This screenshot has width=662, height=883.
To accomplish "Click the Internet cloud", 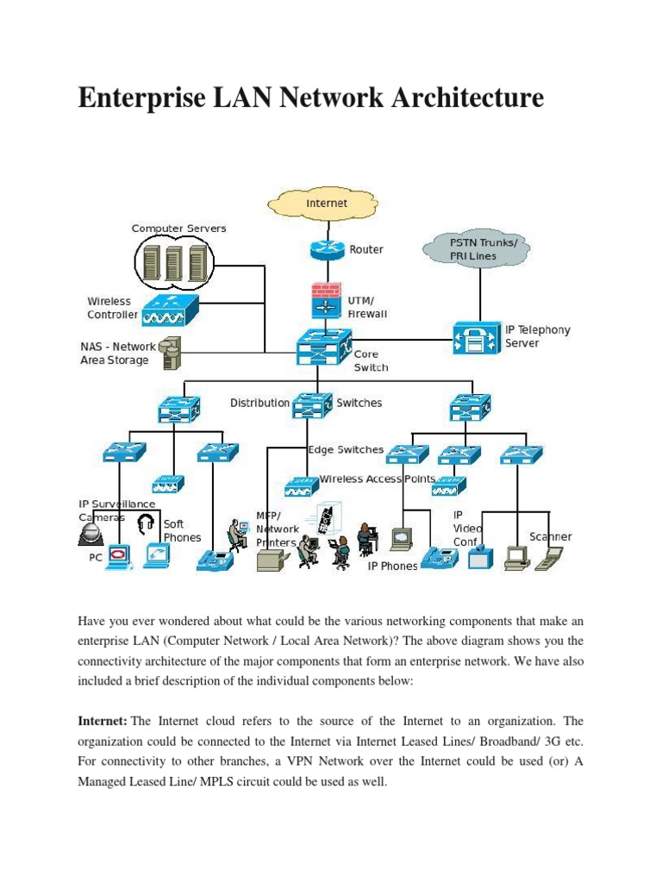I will pos(327,204).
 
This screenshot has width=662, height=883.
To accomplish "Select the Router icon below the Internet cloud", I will pos(327,249).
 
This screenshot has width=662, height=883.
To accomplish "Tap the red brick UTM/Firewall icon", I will pos(326,299).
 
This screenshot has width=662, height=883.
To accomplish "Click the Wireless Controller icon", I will pos(169,310).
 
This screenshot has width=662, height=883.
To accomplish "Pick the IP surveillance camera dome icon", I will pos(90,534).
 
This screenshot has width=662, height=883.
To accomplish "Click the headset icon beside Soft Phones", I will pos(146,523).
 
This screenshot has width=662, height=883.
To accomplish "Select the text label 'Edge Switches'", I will pos(346,449).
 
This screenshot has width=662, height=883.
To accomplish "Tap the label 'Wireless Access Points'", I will pos(377,479).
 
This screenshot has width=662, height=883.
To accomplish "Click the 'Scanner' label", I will pos(550,536).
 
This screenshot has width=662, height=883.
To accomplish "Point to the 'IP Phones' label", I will pos(392,567).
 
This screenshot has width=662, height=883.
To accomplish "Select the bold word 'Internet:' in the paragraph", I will pos(103,720).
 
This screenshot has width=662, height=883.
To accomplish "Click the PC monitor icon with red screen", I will pos(116,555).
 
